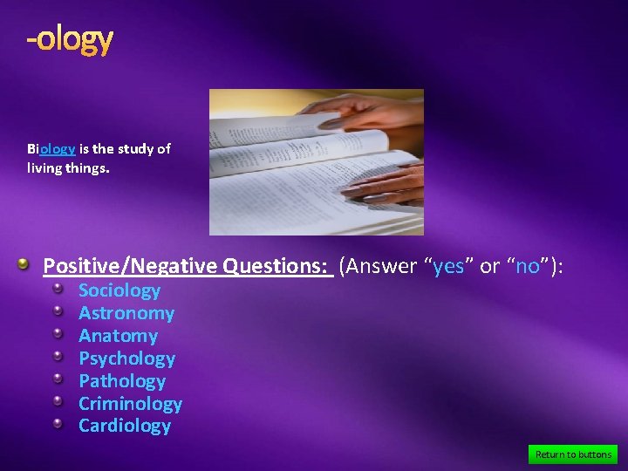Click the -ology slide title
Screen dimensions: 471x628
[x=70, y=39]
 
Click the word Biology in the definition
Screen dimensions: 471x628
[x=51, y=148]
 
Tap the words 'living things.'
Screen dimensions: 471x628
[x=68, y=167]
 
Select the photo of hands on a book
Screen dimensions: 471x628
[x=316, y=162]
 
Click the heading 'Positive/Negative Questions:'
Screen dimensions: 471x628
[x=188, y=266]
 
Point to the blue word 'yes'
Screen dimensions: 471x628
[x=448, y=266]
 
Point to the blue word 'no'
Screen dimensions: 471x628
[x=528, y=266]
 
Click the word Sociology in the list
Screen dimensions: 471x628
[x=119, y=290]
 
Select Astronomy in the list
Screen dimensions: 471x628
[x=126, y=313]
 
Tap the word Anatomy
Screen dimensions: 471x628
[x=118, y=336]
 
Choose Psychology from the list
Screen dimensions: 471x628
[x=126, y=358]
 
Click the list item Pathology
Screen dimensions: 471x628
[x=122, y=381]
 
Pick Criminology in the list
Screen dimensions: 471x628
[x=130, y=404]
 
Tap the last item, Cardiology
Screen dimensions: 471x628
[x=125, y=426]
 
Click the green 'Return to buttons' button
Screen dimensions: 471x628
[x=573, y=454]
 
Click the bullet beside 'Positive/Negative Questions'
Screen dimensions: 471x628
[x=26, y=264]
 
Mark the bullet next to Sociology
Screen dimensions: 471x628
[x=58, y=288]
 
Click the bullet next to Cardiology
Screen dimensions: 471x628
[x=58, y=423]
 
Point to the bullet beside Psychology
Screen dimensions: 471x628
[x=58, y=356]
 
